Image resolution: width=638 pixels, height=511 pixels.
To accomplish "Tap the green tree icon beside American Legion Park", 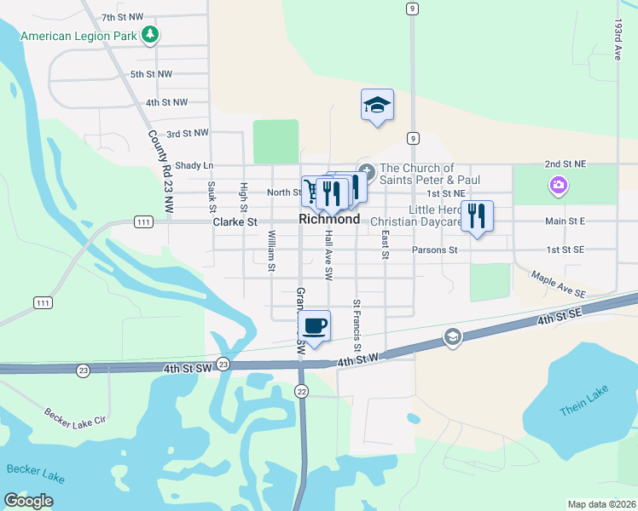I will coord(151,35).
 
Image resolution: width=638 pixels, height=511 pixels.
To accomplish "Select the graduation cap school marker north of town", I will coord(377,106).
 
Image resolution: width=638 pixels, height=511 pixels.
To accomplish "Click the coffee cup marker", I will coord(315,325).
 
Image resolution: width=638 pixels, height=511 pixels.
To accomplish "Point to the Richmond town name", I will coord(329,220).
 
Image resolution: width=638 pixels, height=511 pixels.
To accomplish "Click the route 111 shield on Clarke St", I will coord(143,222).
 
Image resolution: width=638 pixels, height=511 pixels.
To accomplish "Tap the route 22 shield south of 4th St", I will coord(302,391).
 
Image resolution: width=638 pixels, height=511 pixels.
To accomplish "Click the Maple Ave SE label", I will coord(559,284).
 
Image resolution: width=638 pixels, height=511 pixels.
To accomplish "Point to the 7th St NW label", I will coord(122,17).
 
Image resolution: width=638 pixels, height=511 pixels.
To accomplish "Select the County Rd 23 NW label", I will coord(160,170).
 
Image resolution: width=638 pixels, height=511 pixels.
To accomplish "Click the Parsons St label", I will coord(434,250).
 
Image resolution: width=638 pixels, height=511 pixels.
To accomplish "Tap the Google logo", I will coord(29,500).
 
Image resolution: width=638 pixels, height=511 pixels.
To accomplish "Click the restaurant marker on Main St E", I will coord(477,216).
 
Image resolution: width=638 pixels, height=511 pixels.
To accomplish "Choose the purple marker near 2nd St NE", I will coord(558,185).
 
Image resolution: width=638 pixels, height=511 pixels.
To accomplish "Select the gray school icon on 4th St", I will coord(452,338).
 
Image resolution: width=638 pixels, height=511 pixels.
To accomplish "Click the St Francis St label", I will coord(357,325).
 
